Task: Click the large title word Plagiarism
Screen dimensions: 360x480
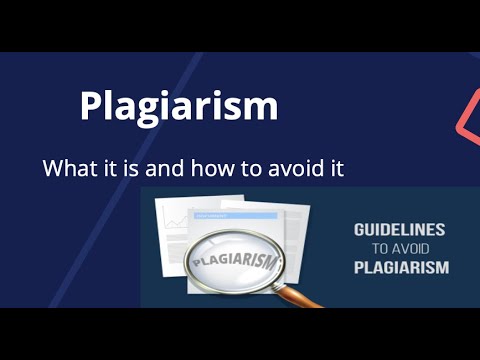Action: coord(178,107)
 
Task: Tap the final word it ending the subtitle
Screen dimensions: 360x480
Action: coord(335,168)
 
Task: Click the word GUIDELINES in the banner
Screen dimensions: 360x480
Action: coord(399,230)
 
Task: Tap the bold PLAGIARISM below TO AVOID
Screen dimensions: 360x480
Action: coord(400,268)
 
